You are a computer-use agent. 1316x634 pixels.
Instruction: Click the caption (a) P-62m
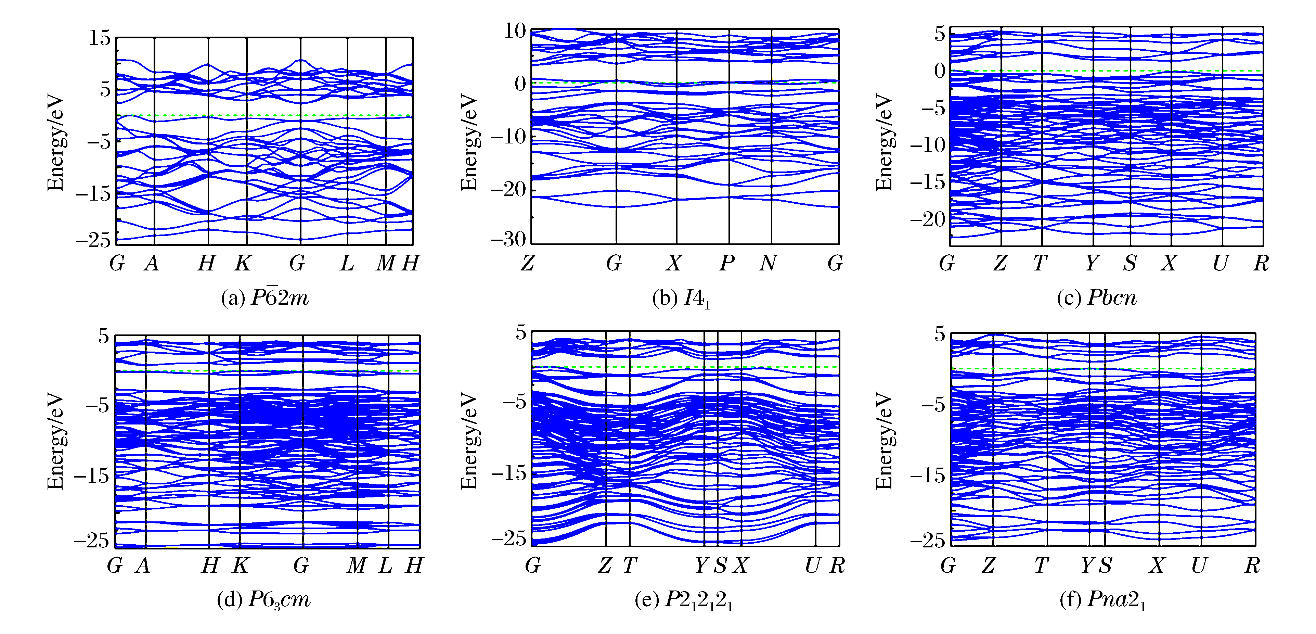pos(265,297)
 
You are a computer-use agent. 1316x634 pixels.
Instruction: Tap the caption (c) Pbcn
pos(1096,297)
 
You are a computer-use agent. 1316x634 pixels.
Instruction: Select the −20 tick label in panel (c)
pos(928,219)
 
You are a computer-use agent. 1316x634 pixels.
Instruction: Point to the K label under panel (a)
pos(243,263)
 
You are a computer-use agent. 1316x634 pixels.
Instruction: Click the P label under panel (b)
pos(727,263)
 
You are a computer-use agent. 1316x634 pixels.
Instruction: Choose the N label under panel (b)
pos(768,263)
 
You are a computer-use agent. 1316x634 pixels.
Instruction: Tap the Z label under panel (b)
pos(528,263)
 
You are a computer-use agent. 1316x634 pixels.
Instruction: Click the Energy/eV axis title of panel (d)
pos(55,441)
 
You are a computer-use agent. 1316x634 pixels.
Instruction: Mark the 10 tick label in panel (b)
pos(515,31)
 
